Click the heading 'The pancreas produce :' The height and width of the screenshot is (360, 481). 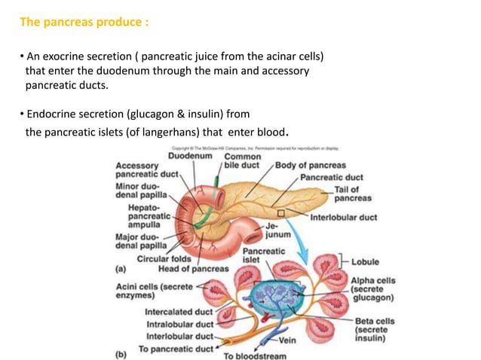[x=84, y=22]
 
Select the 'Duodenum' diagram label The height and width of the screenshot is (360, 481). [x=189, y=155]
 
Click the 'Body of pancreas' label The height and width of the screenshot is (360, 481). [x=310, y=165]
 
